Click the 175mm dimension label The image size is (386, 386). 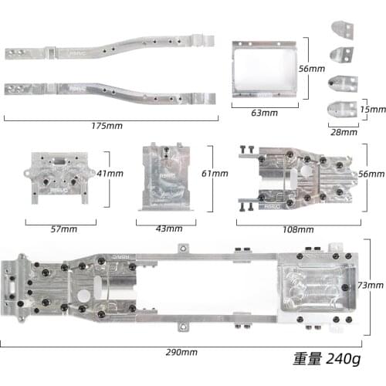tap(107, 126)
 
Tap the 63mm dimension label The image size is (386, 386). tap(265, 113)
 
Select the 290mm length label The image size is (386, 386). tap(181, 352)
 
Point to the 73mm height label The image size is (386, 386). tap(371, 285)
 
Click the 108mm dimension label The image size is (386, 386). tap(298, 229)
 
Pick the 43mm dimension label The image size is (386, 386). tap(169, 229)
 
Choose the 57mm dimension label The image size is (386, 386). tap(64, 229)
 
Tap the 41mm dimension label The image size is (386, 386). tap(110, 174)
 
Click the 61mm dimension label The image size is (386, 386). tap(215, 174)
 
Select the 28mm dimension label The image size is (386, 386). tap(344, 132)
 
